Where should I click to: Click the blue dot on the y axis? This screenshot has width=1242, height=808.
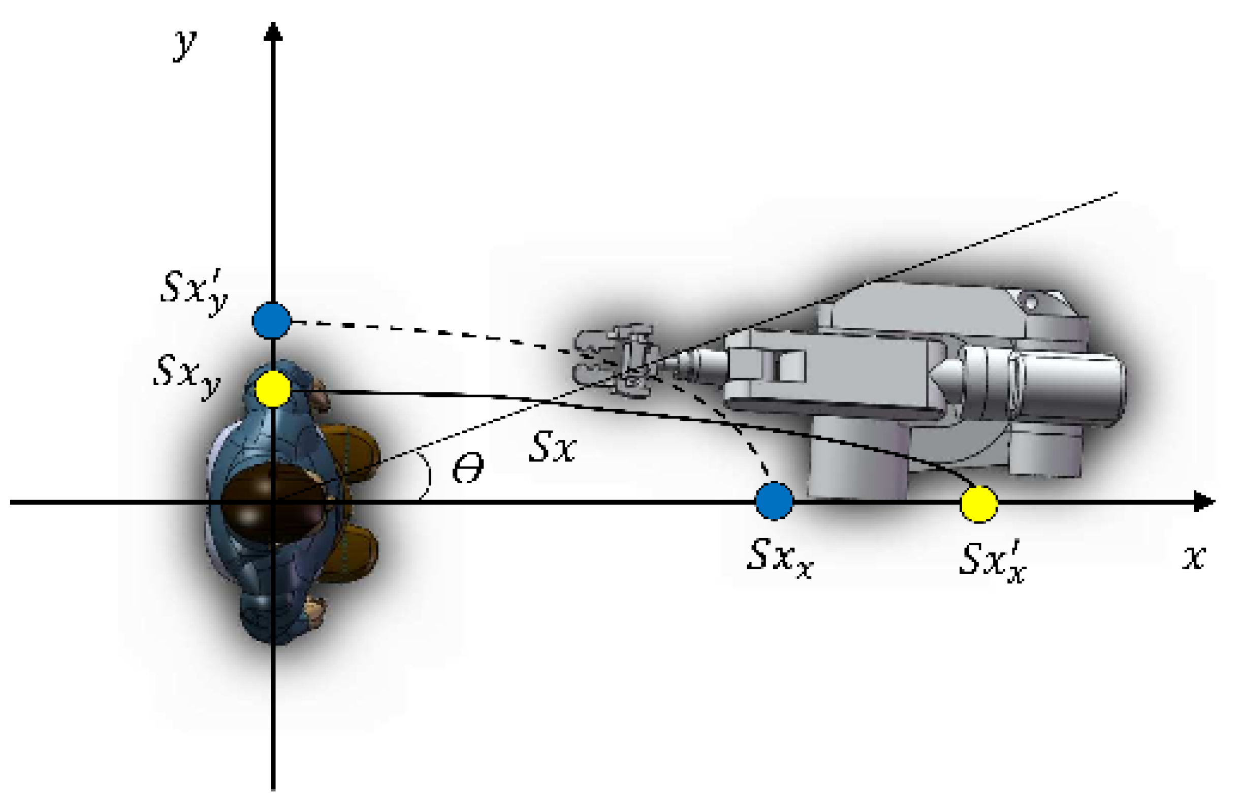coord(272,321)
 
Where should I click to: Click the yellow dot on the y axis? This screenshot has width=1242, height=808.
coord(273,389)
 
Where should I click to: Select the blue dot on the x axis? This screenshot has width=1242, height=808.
coord(775,501)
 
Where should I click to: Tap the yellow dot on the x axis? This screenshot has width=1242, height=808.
coord(979,504)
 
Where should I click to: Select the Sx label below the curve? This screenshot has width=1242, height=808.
coord(552,447)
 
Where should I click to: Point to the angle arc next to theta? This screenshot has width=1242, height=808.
coord(427,478)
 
